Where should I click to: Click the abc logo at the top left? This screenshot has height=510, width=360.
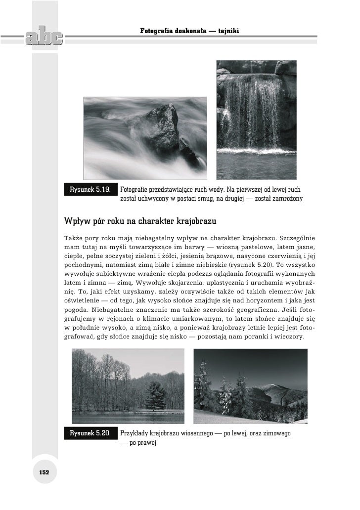42,37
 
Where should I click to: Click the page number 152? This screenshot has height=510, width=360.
45,472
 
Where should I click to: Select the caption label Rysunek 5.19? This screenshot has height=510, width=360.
90,189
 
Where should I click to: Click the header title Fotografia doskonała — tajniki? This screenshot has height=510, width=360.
190,31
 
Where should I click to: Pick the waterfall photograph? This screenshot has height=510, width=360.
257,119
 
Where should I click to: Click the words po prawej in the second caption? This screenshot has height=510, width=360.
142,443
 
